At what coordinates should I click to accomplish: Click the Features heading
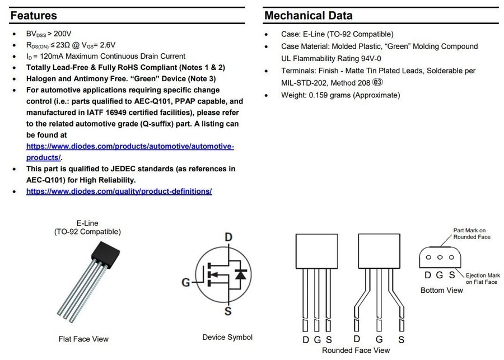tap(34, 15)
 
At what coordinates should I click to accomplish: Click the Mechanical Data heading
tap(308, 15)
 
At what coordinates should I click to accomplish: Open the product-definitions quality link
tap(119, 191)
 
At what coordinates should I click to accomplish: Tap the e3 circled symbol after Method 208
tap(379, 83)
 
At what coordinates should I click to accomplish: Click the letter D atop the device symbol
tap(228, 237)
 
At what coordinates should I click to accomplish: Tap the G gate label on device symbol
tap(185, 282)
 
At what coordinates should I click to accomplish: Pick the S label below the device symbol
tap(228, 311)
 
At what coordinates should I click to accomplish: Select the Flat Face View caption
tap(83, 339)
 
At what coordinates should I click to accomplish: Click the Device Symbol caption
tap(227, 337)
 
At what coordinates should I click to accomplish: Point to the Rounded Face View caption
tap(356, 350)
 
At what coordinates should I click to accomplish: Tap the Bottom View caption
tap(442, 290)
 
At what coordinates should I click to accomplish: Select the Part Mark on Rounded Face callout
tap(472, 233)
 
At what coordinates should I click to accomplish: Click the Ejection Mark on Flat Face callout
tap(482, 278)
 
